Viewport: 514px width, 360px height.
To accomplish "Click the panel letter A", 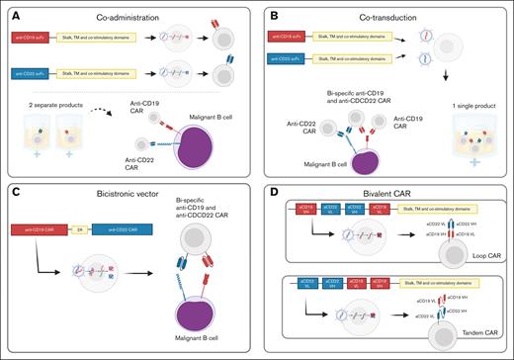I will click(15, 14).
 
